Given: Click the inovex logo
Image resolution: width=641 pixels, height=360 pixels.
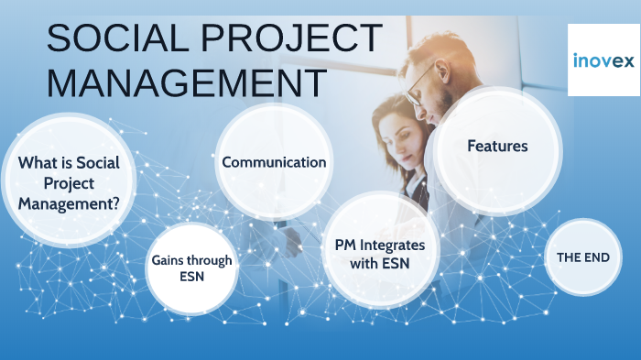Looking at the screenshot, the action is click(603, 60).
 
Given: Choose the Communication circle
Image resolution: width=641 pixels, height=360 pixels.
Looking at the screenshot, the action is click(274, 162).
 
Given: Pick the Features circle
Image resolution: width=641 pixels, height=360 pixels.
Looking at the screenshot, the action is click(497, 147).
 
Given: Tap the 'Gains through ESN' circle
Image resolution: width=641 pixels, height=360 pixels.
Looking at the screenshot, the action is click(191, 267).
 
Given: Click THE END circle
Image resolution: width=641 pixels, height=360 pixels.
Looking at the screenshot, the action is click(583, 257).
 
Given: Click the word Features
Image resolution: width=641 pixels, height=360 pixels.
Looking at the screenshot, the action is click(497, 146).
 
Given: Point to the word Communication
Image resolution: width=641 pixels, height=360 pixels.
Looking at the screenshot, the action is click(274, 162).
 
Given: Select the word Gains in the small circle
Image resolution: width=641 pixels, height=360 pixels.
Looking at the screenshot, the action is click(170, 260).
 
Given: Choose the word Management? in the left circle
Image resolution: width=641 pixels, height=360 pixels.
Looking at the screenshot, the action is click(69, 203).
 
